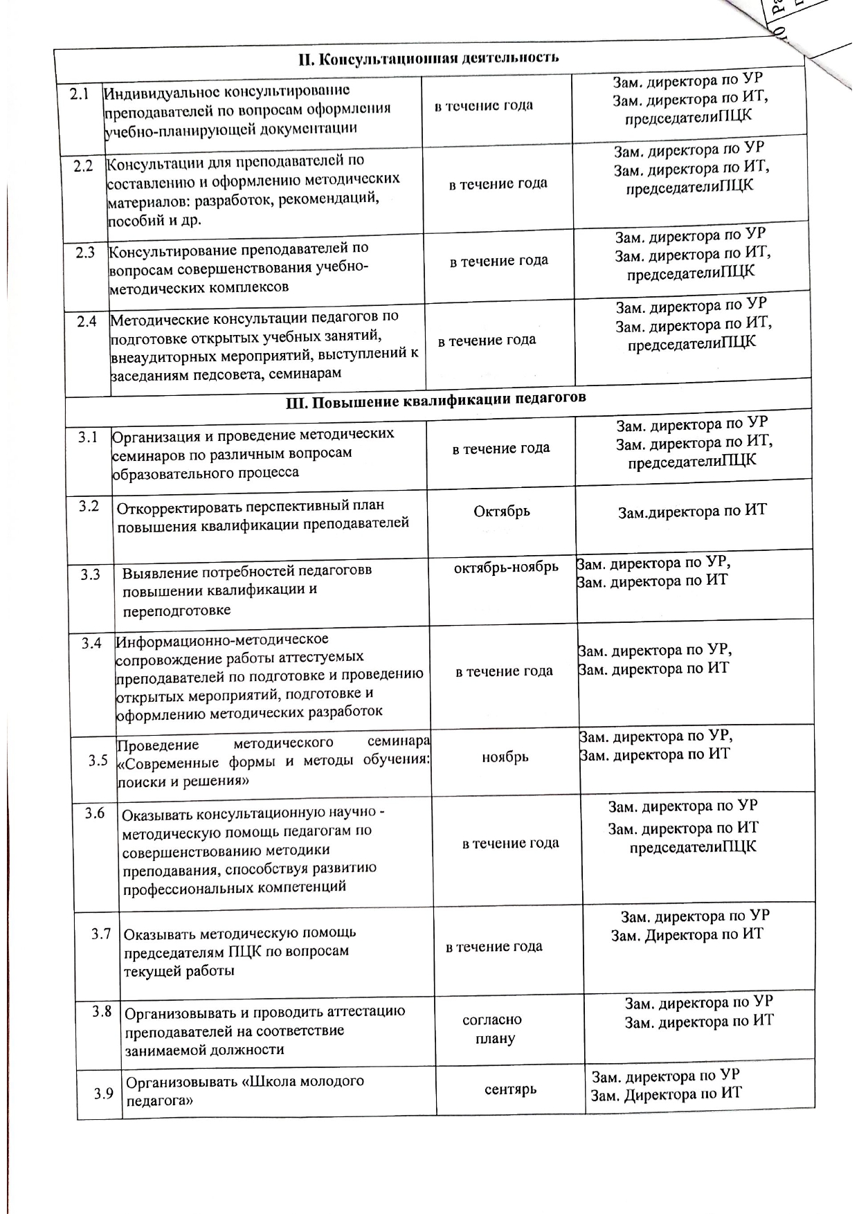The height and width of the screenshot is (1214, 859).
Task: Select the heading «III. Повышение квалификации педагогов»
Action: (x=436, y=399)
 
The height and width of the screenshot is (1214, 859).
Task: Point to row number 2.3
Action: (x=86, y=253)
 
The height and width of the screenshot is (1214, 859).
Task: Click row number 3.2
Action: (x=89, y=506)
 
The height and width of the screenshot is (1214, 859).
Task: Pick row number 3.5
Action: (x=98, y=761)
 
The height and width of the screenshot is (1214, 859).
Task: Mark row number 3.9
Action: (x=104, y=1094)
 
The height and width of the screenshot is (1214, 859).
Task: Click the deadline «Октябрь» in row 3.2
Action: (x=501, y=511)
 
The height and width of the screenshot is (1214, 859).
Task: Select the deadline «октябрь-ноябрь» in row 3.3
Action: (x=506, y=568)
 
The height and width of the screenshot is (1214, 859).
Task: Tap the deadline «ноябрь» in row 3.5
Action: (x=505, y=757)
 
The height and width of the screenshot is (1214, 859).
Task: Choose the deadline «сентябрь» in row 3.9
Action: (x=511, y=1089)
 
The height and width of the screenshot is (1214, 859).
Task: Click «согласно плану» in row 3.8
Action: (x=493, y=1029)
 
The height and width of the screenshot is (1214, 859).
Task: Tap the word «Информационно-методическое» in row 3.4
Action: (x=222, y=640)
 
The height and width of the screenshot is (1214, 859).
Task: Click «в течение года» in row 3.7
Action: (x=494, y=947)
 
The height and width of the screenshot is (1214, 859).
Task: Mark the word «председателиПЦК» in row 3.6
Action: (x=693, y=847)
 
